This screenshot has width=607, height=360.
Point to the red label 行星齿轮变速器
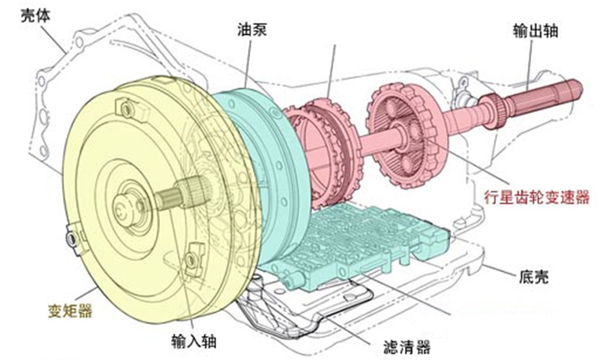[x=537, y=198]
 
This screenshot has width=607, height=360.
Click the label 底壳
[x=532, y=277]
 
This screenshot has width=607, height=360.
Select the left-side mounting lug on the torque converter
[x=71, y=237]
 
